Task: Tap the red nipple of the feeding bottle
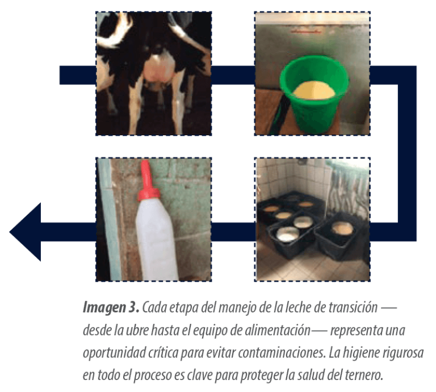148,181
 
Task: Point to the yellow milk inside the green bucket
314,90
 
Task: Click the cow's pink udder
159,69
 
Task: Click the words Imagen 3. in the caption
111,308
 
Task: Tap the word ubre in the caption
137,331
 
